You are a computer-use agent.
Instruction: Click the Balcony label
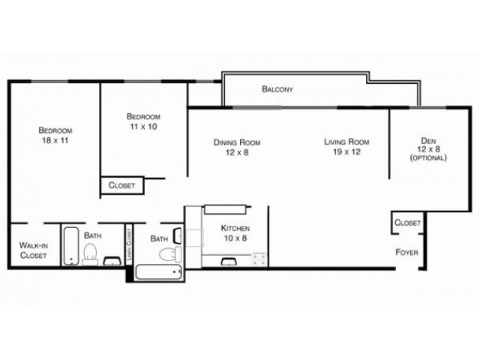[x=277, y=89]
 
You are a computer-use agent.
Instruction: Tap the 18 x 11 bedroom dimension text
[x=55, y=140]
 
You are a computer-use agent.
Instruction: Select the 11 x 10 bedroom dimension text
[x=143, y=127]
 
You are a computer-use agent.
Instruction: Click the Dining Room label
[x=237, y=142]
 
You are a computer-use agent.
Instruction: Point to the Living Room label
[x=346, y=142]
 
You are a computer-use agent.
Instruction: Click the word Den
[x=427, y=139]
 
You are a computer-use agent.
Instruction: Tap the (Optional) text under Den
[x=427, y=157]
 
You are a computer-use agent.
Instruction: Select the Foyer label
[x=406, y=252]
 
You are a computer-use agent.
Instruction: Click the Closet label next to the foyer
[x=407, y=223]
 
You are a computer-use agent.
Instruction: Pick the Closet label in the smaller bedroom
[x=121, y=185]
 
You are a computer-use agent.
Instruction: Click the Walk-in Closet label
[x=33, y=250]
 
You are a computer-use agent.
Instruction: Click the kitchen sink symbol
[x=229, y=261]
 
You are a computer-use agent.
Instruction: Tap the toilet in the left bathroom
[x=90, y=253]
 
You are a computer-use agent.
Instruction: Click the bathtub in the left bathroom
[x=70, y=246]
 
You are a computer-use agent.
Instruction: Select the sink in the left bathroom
[x=112, y=261]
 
